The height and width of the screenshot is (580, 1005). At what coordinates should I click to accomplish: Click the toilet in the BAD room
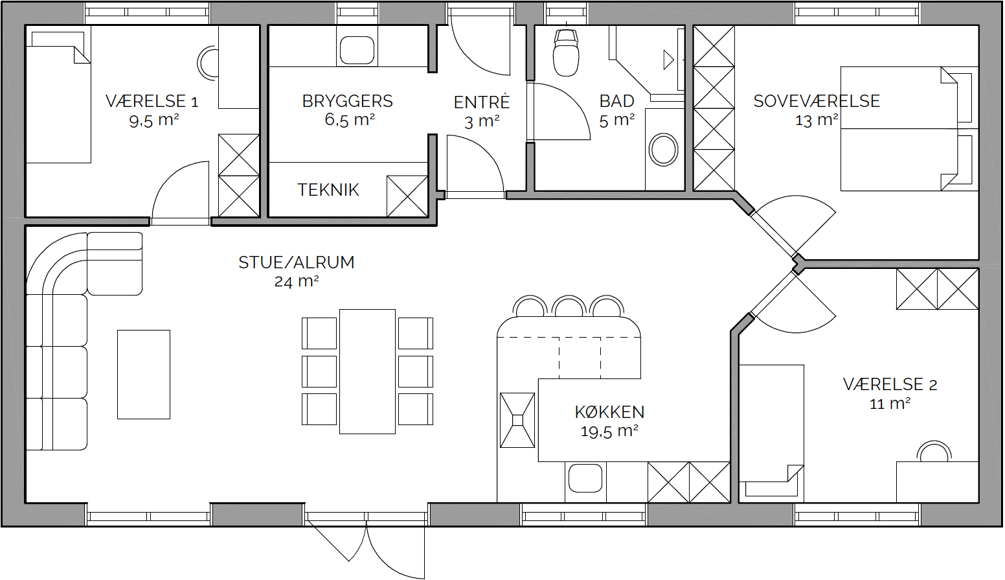pyautogui.click(x=566, y=53)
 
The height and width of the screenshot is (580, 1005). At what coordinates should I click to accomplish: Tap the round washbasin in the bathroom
pyautogui.click(x=664, y=150)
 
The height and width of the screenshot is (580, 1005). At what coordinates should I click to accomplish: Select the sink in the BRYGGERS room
pyautogui.click(x=357, y=51)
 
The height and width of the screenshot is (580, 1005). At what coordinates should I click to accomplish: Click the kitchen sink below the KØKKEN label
pyautogui.click(x=585, y=478)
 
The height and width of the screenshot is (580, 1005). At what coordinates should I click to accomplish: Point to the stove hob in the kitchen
pyautogui.click(x=517, y=420)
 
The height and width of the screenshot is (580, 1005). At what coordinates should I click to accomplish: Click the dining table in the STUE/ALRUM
pyautogui.click(x=367, y=371)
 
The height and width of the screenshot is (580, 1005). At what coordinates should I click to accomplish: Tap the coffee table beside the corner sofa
pyautogui.click(x=144, y=375)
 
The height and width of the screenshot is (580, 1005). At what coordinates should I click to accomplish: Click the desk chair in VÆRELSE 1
pyautogui.click(x=208, y=64)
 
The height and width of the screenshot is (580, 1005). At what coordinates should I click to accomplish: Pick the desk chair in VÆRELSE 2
pyautogui.click(x=934, y=451)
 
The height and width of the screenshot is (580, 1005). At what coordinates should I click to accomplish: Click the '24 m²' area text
pyautogui.click(x=297, y=281)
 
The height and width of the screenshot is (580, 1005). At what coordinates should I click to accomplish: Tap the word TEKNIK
pyautogui.click(x=328, y=190)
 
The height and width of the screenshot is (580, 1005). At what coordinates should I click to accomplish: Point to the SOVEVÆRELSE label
pyautogui.click(x=817, y=101)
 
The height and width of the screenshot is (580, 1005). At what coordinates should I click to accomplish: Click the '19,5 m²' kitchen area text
pyautogui.click(x=609, y=432)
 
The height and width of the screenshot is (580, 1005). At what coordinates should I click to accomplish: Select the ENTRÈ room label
pyautogui.click(x=481, y=102)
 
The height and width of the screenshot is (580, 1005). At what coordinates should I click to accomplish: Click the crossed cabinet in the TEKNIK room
pyautogui.click(x=407, y=196)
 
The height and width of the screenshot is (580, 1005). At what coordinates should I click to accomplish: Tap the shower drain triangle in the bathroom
pyautogui.click(x=668, y=60)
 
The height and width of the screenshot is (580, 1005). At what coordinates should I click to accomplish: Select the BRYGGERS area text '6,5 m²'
pyautogui.click(x=350, y=120)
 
